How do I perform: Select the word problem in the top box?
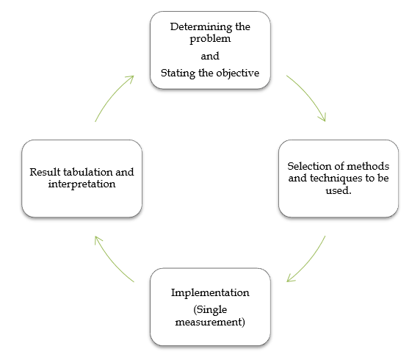210,39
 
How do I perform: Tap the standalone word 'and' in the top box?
210,56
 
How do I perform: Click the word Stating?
178,73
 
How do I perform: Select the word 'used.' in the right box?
339,190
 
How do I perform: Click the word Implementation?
210,292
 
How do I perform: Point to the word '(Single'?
210,309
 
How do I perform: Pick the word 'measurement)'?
210,322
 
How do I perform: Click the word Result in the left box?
45,172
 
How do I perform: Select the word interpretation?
82,184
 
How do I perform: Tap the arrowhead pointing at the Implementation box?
290,278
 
